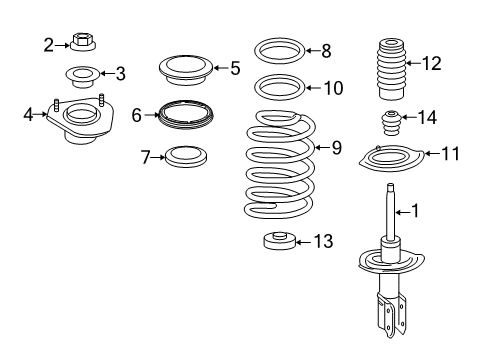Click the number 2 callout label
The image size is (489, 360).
(48, 43)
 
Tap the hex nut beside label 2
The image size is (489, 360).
(84, 43)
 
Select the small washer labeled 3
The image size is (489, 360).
(82, 74)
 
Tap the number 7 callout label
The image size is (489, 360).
(145, 157)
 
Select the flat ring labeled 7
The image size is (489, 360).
(186, 157)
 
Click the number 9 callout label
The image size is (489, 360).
(336, 148)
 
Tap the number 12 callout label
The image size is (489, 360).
(431, 64)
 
